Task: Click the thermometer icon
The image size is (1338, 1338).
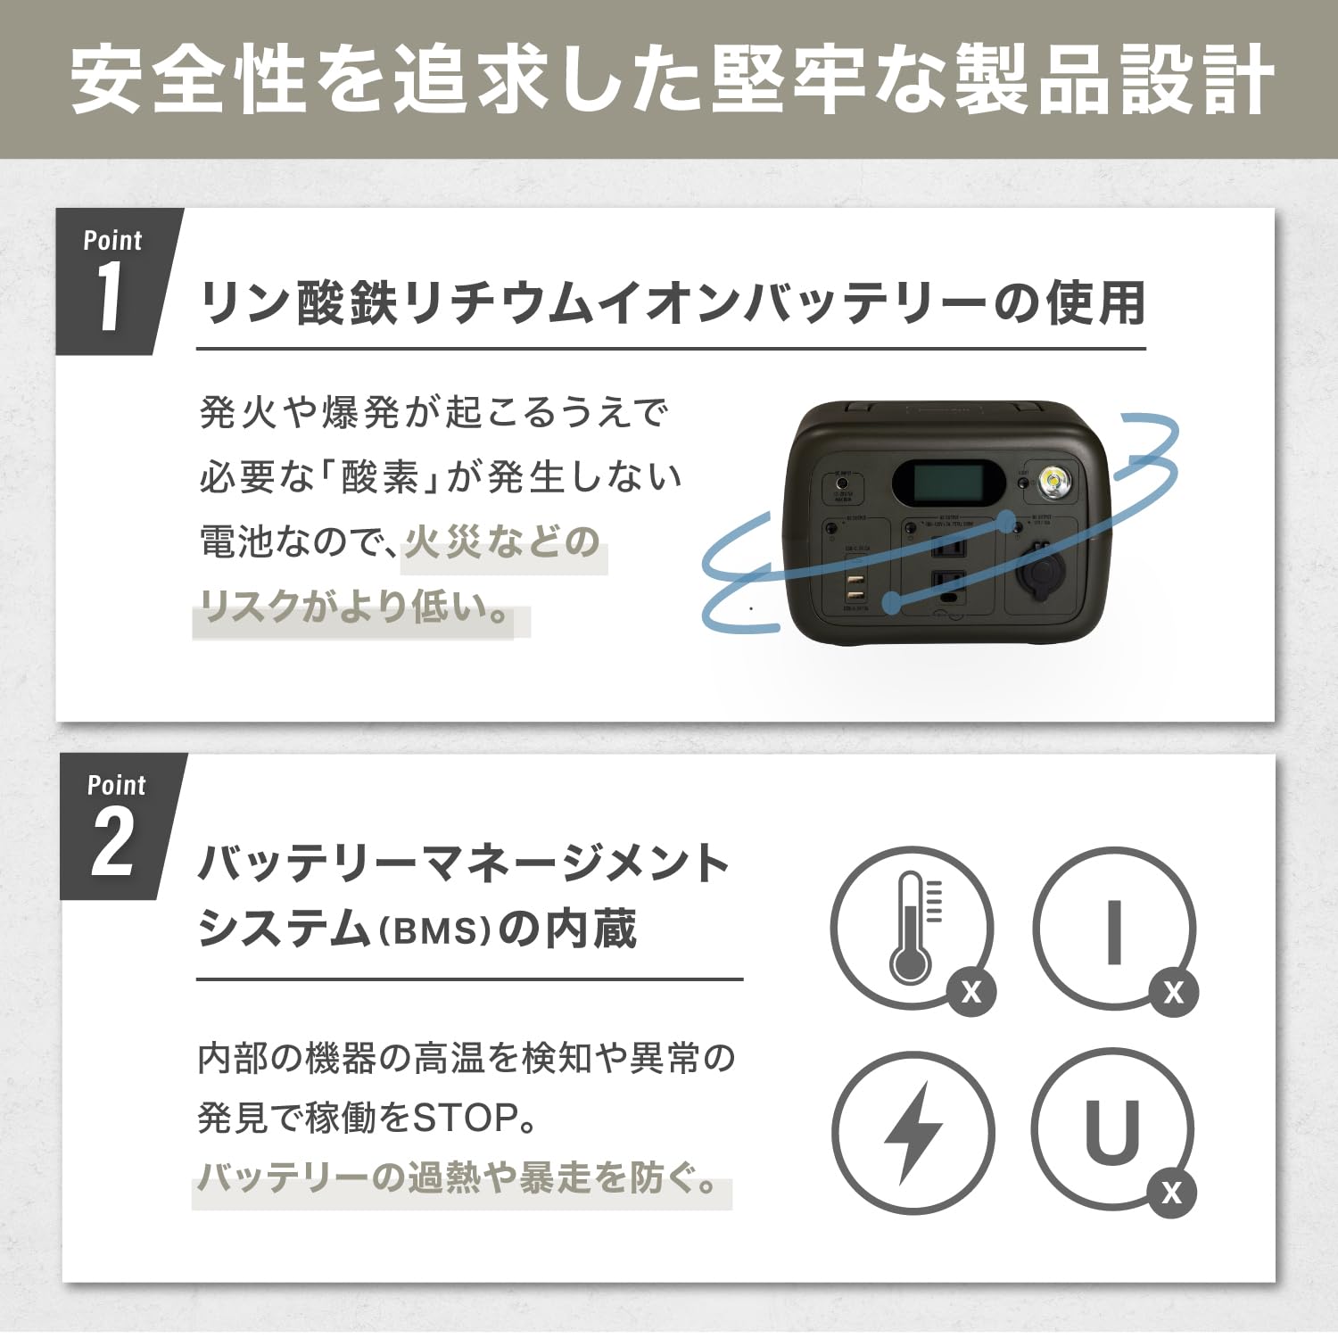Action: pos(911,928)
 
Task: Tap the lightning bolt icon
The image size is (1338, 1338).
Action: pos(913,1133)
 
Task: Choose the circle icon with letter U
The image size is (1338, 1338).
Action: pos(1111,1131)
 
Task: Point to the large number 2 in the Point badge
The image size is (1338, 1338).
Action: pos(113,843)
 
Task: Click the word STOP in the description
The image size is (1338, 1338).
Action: pos(464,1118)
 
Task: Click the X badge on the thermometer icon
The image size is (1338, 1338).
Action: pos(970,992)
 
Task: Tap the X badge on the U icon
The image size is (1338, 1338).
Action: pos(1171,1193)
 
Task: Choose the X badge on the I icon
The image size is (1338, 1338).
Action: pos(1173,992)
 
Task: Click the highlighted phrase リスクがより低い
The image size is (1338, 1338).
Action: pos(355,608)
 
